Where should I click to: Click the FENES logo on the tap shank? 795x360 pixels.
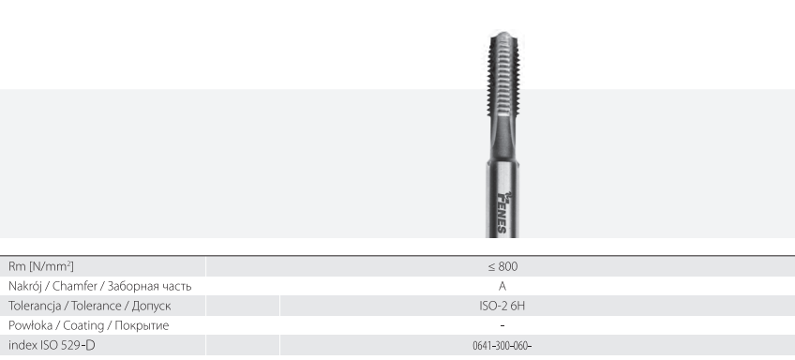(x=502, y=211)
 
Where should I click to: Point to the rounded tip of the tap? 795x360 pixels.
(x=502, y=36)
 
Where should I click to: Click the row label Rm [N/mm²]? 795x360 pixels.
(x=41, y=266)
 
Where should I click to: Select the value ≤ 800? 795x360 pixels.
(x=502, y=266)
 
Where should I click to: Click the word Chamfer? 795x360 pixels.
(x=75, y=286)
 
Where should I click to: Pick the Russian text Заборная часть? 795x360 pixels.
(x=149, y=287)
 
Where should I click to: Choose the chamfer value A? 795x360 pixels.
(x=502, y=286)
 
